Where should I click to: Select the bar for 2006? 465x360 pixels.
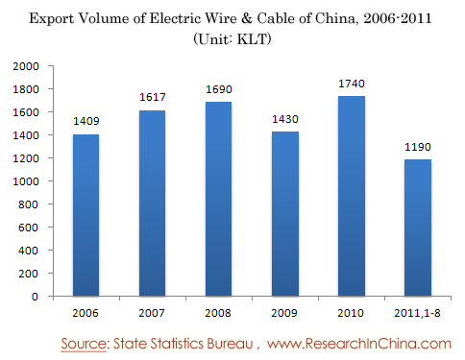point(86,215)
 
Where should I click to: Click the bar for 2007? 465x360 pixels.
point(152,204)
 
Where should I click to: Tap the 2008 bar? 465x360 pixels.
point(218,199)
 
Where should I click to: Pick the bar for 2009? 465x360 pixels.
point(285,214)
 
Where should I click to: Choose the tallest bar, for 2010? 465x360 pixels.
point(352,196)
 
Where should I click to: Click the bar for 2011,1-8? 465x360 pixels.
point(418,228)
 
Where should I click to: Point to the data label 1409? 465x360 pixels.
point(86,121)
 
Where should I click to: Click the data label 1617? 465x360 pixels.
point(153,97)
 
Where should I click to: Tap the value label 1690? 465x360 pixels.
point(219,89)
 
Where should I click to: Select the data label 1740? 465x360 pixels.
point(352,84)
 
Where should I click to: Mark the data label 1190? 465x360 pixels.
point(418,147)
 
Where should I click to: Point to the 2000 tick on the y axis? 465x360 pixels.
point(26,66)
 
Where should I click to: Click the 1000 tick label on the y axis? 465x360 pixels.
point(26,181)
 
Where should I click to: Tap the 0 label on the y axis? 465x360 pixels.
point(35,297)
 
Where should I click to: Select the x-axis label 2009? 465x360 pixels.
point(284,313)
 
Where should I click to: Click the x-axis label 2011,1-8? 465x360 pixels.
point(417,313)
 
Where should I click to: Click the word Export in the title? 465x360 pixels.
point(51,18)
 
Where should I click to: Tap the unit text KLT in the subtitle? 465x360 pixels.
point(252,39)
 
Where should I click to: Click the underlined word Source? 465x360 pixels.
point(84,344)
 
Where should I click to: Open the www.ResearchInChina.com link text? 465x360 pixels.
point(359,344)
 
